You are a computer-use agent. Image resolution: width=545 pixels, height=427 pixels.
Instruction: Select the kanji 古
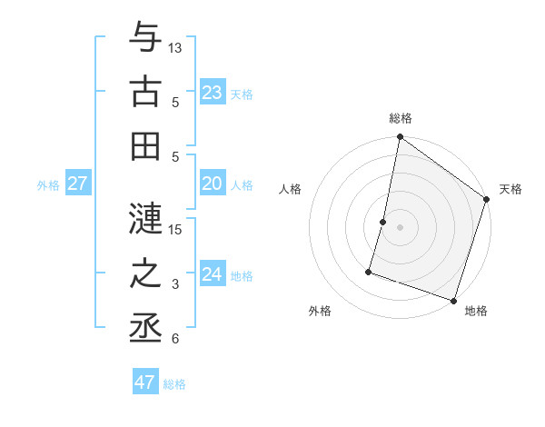pos(145,91)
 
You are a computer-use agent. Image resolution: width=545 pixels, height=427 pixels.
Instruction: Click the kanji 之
pos(145,273)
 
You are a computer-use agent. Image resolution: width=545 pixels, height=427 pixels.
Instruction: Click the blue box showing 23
pos(212,93)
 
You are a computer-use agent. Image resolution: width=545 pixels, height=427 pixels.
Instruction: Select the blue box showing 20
pos(212,184)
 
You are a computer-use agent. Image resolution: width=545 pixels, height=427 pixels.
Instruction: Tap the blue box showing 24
pos(212,274)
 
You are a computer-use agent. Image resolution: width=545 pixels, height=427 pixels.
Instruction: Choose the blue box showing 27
pos(77,184)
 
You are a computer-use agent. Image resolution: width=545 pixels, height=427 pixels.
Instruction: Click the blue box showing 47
pos(144,382)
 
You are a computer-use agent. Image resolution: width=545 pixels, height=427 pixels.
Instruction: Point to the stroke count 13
pos(175,47)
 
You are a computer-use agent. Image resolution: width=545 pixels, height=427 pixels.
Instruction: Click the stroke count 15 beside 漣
pos(175,229)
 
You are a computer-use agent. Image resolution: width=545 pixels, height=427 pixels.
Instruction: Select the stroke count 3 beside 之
pos(175,284)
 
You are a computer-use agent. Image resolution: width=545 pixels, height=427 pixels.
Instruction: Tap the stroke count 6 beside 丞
pos(175,339)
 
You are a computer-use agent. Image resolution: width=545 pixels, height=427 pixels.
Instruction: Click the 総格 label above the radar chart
pos(400,119)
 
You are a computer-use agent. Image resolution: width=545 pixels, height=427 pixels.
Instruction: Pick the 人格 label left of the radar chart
pos(290,189)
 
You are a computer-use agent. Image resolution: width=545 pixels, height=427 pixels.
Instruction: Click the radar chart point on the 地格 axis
pos(453,300)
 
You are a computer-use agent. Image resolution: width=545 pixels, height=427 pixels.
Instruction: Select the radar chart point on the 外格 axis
pos(369,271)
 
